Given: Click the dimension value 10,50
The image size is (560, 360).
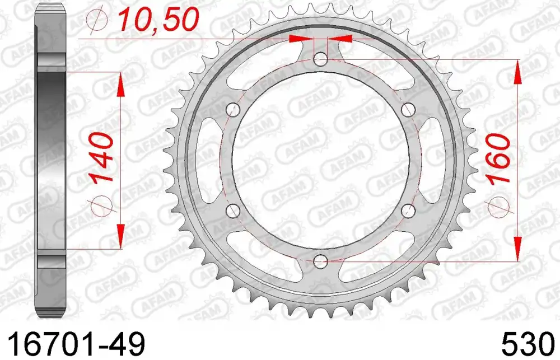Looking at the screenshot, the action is [x=158, y=19].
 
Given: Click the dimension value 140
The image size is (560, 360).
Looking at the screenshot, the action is [x=102, y=157].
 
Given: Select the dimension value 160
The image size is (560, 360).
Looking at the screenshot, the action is [x=500, y=160].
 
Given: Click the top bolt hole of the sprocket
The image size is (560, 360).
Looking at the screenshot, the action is [x=321, y=59].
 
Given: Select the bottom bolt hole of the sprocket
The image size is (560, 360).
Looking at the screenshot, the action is [x=321, y=261].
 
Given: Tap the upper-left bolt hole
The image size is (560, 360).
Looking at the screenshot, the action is [x=234, y=109].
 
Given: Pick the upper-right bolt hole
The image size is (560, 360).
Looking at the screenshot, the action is [x=408, y=109].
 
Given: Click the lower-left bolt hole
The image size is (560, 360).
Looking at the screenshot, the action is [x=234, y=211].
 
